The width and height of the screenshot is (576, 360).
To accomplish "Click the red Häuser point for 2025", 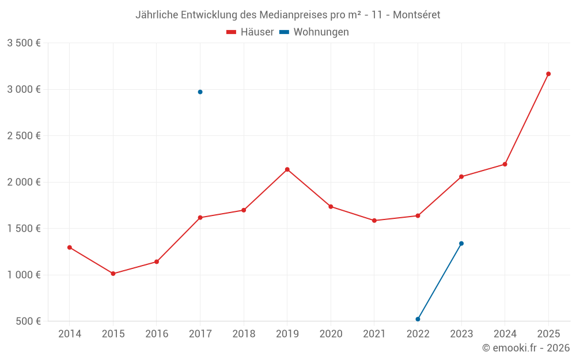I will click(x=548, y=74).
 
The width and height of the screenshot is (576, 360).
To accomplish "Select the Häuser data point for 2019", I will click(x=287, y=169).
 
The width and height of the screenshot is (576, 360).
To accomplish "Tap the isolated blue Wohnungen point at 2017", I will click(x=200, y=92).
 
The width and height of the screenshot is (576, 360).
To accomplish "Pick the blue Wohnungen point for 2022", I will click(x=418, y=319).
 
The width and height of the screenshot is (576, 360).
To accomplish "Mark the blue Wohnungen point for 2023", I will click(x=461, y=244).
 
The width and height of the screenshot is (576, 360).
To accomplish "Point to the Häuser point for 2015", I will click(x=113, y=274).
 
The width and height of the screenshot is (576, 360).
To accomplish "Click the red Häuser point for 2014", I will click(x=70, y=248).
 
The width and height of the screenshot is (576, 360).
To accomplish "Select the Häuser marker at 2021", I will click(x=374, y=221).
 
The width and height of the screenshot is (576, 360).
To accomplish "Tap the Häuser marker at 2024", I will click(x=505, y=164).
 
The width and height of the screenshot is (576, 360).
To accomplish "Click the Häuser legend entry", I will click(x=250, y=32).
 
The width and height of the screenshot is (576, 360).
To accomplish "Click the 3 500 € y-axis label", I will click(x=24, y=43).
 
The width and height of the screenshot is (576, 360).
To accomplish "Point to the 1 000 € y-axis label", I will click(x=24, y=275).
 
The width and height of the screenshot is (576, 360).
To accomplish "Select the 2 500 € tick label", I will click(x=24, y=136).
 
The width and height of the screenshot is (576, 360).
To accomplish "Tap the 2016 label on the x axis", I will click(x=157, y=334).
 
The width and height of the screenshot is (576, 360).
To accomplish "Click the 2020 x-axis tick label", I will click(x=331, y=334).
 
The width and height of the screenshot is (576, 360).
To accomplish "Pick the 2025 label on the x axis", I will click(x=548, y=334).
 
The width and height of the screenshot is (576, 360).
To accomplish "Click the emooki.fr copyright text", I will click(x=526, y=348).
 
